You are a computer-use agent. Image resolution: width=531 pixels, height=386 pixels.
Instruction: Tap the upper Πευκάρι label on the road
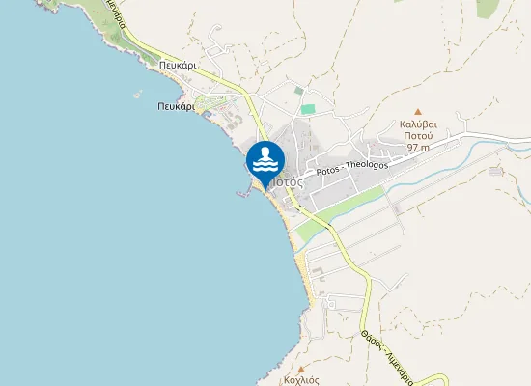tap(180, 66)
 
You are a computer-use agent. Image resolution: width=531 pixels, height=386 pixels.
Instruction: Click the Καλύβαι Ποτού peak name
tap(418, 130)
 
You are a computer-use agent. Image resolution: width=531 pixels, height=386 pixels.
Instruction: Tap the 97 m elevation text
tap(418, 148)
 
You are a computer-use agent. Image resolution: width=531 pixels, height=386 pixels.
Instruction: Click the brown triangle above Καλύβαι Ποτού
tap(418, 113)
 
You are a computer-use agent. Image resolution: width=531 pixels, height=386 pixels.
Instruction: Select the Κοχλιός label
tap(301, 380)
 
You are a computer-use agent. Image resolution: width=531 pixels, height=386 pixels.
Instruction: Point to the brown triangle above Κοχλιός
tap(301, 369)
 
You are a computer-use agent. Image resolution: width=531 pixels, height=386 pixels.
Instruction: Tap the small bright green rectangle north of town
tap(307, 109)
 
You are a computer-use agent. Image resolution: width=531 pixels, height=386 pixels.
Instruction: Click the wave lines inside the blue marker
tap(265, 167)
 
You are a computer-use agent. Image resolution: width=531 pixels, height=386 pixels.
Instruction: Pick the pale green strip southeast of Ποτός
tap(333, 215)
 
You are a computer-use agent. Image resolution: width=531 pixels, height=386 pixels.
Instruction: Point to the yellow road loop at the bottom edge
tap(430, 377)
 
